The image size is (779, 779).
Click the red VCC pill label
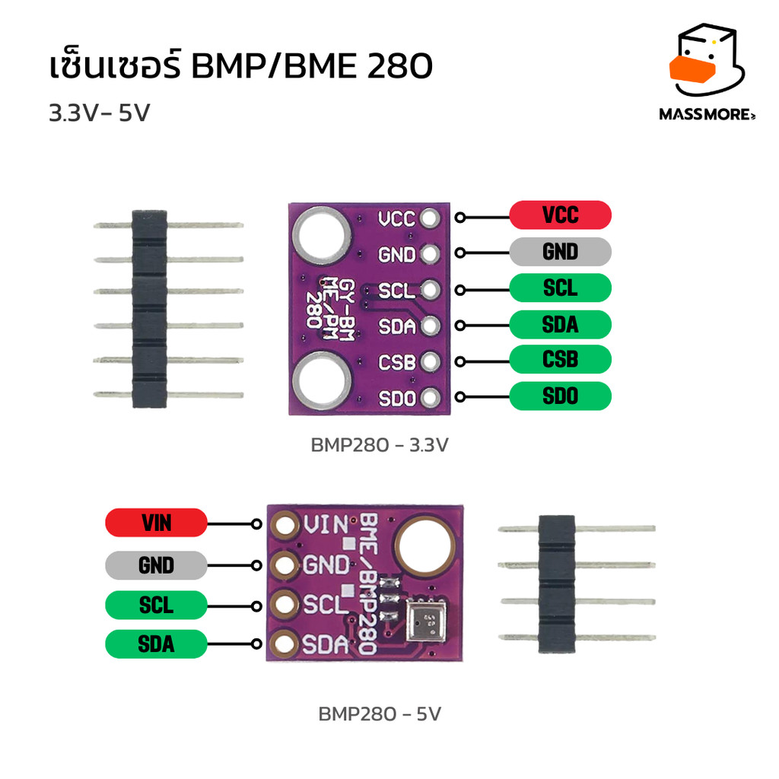(x=560, y=215)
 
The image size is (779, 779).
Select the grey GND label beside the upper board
(x=560, y=252)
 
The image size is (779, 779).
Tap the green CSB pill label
(x=560, y=359)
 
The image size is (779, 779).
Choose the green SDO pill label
(x=560, y=396)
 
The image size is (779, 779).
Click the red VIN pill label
(x=156, y=523)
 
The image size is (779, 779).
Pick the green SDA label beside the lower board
(x=156, y=644)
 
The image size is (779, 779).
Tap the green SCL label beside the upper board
(x=560, y=288)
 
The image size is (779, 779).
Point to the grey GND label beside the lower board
(x=156, y=565)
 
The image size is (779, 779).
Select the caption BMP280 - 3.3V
(x=380, y=444)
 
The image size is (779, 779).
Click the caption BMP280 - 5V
(x=380, y=715)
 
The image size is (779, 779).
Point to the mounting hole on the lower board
(x=424, y=547)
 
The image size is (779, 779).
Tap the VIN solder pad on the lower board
(x=286, y=525)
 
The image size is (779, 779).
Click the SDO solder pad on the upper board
(x=431, y=396)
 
